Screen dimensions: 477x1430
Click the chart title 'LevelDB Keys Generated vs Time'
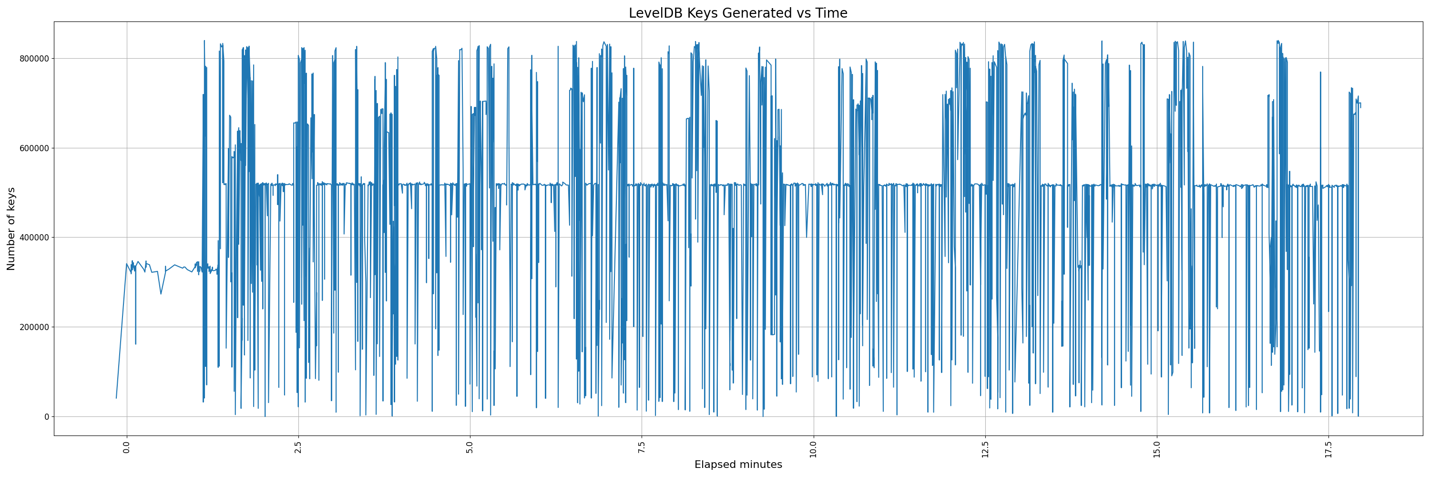click(738, 13)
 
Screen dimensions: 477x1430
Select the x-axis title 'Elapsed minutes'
click(738, 465)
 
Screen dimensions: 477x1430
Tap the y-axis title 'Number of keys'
click(11, 229)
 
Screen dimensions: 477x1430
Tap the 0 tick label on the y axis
click(47, 416)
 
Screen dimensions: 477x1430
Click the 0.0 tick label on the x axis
click(127, 447)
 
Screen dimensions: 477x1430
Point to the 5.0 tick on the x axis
click(470, 447)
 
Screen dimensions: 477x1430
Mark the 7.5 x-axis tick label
click(642, 447)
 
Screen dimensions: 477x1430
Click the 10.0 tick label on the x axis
click(814, 449)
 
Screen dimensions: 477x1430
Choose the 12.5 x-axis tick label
click(985, 449)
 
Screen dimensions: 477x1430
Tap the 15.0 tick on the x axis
click(1157, 449)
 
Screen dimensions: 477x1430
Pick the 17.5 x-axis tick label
click(1329, 449)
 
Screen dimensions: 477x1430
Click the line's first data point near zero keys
click(116, 398)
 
